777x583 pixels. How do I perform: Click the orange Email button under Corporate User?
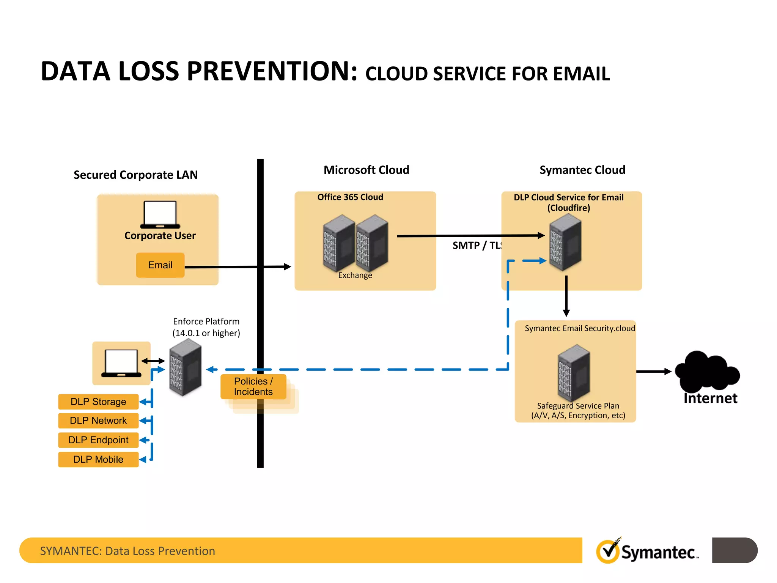(x=160, y=265)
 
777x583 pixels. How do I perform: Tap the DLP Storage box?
(x=98, y=402)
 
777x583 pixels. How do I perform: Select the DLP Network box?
(x=98, y=421)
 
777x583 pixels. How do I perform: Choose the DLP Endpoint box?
(x=98, y=440)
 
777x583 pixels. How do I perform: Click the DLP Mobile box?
(x=98, y=459)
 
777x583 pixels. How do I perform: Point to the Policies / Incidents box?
(x=253, y=386)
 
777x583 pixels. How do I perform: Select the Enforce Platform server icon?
(x=185, y=367)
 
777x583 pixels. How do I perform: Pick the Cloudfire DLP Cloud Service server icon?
(x=565, y=242)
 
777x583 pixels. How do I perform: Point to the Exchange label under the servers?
(x=355, y=275)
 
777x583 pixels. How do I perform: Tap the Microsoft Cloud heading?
(x=366, y=170)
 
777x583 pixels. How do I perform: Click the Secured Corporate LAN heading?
(x=135, y=175)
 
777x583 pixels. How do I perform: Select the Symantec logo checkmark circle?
(x=608, y=551)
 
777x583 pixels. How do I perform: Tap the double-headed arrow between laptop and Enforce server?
(x=153, y=361)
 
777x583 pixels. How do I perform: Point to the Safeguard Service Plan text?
(x=578, y=406)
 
